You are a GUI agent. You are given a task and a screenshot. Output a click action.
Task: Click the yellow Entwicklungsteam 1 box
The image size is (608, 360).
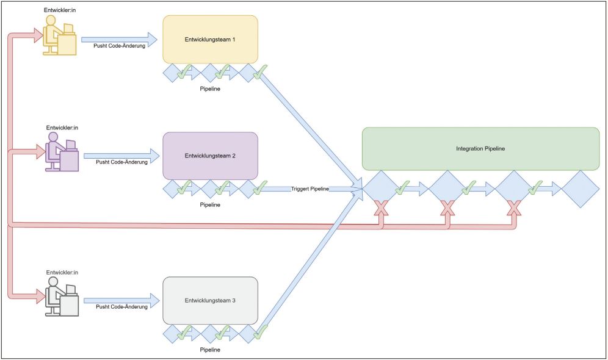pos(210,40)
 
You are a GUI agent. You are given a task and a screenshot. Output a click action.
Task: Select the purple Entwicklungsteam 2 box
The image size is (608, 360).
pos(210,156)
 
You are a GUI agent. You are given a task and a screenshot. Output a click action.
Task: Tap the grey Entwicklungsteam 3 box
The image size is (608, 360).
pos(210,300)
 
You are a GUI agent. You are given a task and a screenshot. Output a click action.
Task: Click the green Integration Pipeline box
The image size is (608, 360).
pos(480,148)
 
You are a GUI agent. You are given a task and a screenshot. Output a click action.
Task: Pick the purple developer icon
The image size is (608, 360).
pos(61,154)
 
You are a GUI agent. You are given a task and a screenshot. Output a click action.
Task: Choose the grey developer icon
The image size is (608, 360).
pos(62,297)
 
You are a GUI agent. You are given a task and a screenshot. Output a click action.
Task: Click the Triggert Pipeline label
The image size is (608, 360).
pos(310,189)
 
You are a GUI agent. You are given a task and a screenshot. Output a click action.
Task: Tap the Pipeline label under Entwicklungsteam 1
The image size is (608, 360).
pos(210,88)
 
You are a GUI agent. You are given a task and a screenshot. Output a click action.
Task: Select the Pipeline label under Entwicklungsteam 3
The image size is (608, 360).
pos(210,350)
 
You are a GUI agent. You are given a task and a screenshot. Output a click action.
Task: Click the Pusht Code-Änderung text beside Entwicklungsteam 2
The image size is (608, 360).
pos(121,162)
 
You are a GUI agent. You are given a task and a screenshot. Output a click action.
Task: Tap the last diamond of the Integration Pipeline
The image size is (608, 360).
pos(579,189)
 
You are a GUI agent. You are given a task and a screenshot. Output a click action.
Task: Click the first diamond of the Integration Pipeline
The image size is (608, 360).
pos(381,189)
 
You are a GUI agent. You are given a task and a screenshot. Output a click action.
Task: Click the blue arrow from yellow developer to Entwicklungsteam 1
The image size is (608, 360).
pos(119,39)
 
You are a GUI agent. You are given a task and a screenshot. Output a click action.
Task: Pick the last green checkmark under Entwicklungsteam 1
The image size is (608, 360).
pos(261,73)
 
